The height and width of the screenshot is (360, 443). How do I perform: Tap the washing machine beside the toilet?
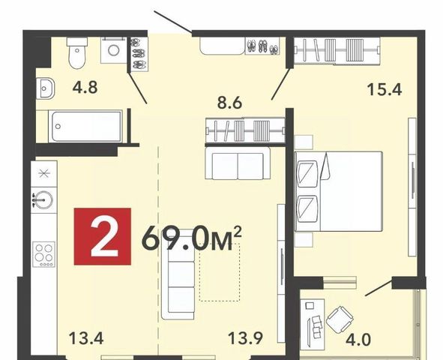click(113, 50)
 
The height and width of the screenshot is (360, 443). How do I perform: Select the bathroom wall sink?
click(45, 88)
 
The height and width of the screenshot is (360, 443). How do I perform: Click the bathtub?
click(85, 126)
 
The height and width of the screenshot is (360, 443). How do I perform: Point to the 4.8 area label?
click(85, 87)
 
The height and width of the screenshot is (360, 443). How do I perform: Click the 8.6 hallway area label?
click(229, 103)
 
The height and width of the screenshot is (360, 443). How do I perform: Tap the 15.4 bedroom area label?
click(385, 90)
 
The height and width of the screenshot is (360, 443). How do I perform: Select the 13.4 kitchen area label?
click(86, 338)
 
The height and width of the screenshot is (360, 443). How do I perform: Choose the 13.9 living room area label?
click(246, 338)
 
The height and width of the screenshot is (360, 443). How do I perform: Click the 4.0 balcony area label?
click(358, 340)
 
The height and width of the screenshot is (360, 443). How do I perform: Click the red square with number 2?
click(102, 236)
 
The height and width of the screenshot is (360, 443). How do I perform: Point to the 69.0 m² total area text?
click(192, 238)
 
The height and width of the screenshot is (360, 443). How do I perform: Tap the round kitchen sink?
click(43, 199)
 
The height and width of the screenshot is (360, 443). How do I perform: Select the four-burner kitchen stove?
click(43, 254)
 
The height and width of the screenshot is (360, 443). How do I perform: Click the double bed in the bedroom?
click(339, 191)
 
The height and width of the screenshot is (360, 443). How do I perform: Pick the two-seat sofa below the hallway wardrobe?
click(238, 163)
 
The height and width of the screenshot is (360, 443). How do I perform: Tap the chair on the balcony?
click(340, 319)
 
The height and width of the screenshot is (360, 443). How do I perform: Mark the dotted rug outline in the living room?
click(219, 272)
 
